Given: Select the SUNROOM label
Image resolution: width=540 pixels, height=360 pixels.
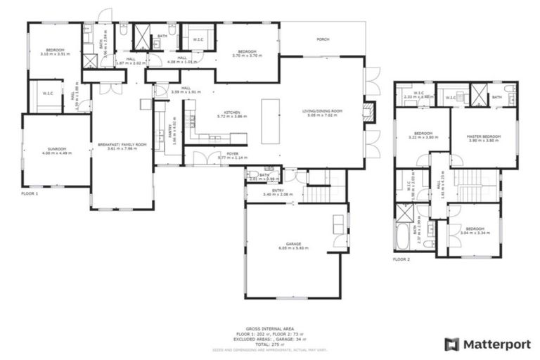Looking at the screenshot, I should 56,149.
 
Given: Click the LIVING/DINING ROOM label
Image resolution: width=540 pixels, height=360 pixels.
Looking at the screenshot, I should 322,111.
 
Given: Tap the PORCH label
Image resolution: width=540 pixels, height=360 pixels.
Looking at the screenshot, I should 323,39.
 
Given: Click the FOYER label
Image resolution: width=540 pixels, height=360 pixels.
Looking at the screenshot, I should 233,153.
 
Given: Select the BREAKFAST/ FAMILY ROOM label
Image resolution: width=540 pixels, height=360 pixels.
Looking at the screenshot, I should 122,144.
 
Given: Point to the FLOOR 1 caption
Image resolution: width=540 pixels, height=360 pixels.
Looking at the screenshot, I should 30,193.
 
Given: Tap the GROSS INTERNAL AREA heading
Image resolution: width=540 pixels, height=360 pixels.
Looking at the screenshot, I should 269,328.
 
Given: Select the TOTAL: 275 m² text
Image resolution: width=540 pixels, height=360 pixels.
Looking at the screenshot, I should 269,345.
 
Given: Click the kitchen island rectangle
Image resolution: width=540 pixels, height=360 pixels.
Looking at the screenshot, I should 271,121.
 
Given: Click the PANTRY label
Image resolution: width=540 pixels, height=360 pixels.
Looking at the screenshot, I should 170,130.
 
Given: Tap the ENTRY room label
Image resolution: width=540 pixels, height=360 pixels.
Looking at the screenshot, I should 273,190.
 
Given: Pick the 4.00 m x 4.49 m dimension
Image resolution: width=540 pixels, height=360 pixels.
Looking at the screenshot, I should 56,154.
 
